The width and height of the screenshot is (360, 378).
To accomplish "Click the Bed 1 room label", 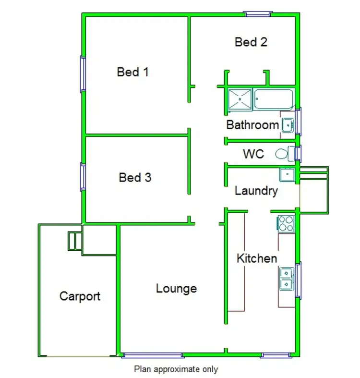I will coord(133,72).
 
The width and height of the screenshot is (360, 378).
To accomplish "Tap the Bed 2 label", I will coord(251,42).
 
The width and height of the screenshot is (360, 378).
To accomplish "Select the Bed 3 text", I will coord(135,178).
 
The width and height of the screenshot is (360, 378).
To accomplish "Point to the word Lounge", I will coord(176,289).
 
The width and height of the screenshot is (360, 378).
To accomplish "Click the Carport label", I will coord(80,296).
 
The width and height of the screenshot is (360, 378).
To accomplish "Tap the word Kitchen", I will coord(257,258).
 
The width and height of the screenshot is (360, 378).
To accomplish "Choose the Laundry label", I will coord(256,191).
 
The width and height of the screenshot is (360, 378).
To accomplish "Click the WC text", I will coord(253,154).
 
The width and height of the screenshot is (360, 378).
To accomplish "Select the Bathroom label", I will coord(252,125).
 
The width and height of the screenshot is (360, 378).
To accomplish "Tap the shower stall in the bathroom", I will coord(240,99).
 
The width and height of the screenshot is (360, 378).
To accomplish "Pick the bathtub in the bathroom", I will coord(273,99).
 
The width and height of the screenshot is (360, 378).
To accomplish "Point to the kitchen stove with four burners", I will coord(286,223).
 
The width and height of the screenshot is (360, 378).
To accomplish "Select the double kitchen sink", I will coord(286,279).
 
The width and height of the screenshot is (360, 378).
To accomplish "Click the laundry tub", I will coord(287,174).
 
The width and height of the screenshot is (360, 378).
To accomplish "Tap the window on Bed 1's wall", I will coord(83,74).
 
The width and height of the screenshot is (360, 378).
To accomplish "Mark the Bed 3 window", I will coord(83,177).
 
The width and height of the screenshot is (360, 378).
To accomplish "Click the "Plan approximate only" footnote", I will coord(176,369).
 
